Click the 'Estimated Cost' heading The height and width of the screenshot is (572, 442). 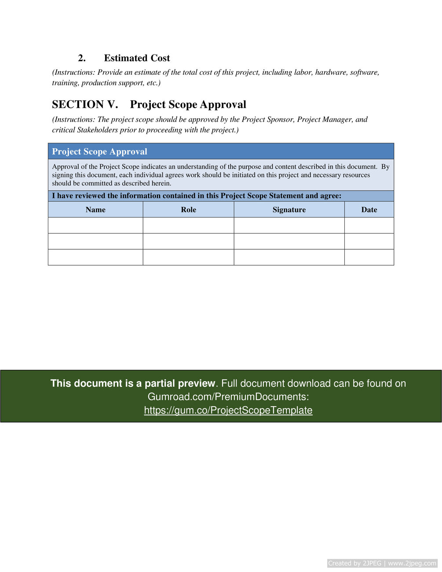[x=137, y=58]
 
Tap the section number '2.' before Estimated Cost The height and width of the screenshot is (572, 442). [x=82, y=58]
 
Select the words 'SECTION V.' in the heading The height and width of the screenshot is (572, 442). [x=85, y=105]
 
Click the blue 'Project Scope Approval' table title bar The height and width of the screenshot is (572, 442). [x=221, y=152]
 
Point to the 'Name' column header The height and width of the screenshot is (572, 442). [x=95, y=210]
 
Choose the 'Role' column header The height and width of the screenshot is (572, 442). [x=188, y=210]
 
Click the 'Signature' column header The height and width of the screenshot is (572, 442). [x=289, y=210]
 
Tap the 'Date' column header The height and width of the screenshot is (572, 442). [x=369, y=210]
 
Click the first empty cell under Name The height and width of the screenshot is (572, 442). [x=95, y=226]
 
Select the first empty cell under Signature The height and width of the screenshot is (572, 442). [x=289, y=226]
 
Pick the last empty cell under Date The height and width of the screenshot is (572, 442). [x=369, y=257]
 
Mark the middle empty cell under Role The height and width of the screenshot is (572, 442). [x=188, y=241]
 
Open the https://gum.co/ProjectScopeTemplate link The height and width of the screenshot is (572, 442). [x=228, y=410]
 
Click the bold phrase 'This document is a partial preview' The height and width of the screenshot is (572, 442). [x=133, y=383]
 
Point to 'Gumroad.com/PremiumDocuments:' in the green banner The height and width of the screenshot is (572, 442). [x=228, y=397]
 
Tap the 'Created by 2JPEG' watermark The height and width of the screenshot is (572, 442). [x=354, y=563]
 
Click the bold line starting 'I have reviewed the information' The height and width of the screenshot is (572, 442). [x=197, y=196]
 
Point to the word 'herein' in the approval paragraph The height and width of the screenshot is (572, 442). [x=161, y=183]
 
